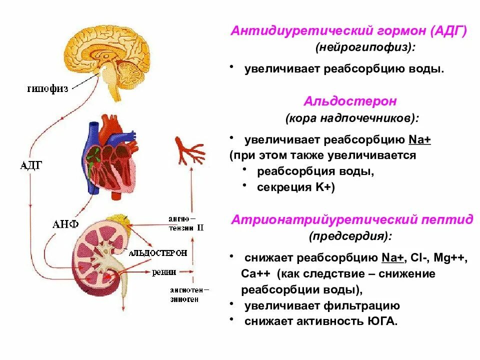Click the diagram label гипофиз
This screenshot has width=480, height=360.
(x=47, y=89)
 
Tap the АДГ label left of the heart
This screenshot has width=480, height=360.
(x=31, y=166)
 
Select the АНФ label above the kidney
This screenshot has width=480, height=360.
(x=65, y=223)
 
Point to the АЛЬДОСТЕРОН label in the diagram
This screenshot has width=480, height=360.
(x=158, y=253)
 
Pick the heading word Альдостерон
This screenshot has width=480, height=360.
(x=350, y=101)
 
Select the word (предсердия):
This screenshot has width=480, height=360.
(x=350, y=235)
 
